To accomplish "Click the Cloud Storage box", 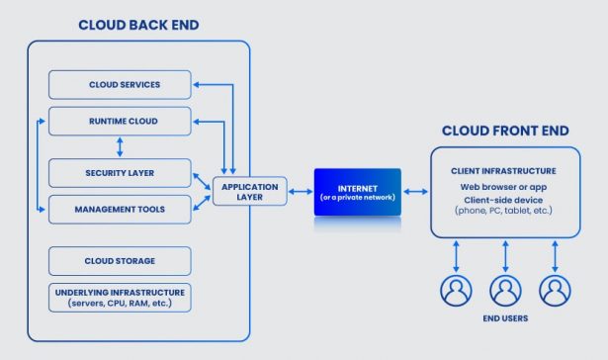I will [x=119, y=261].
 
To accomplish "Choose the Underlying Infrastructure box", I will [x=119, y=297].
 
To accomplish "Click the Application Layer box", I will [x=249, y=191].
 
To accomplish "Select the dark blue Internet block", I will [x=358, y=191].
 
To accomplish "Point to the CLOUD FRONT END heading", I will [x=506, y=131].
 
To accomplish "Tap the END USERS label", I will [x=504, y=319].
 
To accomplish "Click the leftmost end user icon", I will [x=455, y=290].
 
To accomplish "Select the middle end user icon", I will [x=505, y=290].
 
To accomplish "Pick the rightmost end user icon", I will [x=556, y=290].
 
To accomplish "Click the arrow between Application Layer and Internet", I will [x=300, y=191].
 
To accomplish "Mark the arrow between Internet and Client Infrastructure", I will [x=416, y=191].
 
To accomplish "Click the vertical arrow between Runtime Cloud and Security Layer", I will [x=119, y=146].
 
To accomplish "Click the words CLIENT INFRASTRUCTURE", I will [x=504, y=170].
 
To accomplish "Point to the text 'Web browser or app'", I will [x=504, y=187].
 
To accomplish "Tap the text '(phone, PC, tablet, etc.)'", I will [x=504, y=211].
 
